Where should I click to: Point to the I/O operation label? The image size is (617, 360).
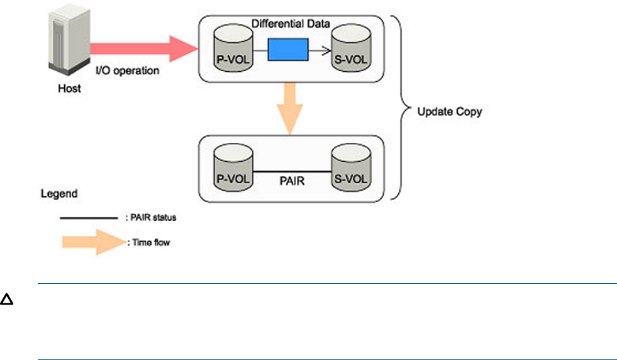click(128, 70)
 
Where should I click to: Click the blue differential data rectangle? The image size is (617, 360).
click(288, 49)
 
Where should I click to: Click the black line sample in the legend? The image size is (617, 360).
click(88, 218)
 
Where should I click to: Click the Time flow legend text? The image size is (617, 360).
click(151, 243)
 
